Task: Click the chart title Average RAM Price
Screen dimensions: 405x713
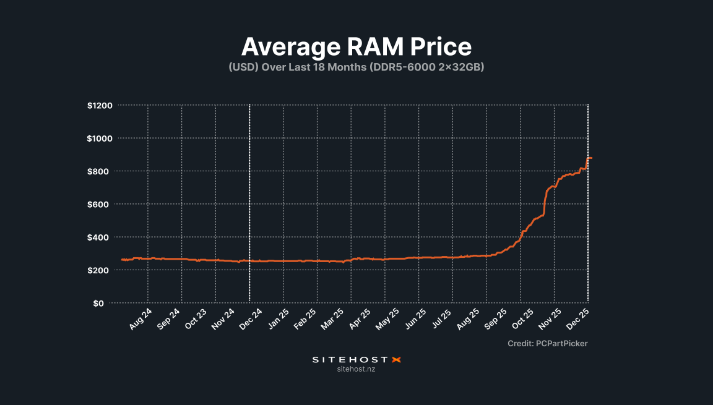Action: point(356,47)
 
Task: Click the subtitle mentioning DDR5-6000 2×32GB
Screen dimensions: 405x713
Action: point(356,67)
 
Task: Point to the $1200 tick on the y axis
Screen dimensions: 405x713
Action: point(100,106)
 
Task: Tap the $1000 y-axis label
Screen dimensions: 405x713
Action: point(100,139)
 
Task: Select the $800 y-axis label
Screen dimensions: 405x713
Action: point(101,171)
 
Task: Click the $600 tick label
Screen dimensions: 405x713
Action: point(101,205)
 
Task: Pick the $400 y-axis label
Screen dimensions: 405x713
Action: point(101,237)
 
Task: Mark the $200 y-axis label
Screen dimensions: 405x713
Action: point(101,270)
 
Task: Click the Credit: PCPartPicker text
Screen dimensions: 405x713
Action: point(547,343)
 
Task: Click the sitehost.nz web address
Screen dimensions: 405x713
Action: point(356,369)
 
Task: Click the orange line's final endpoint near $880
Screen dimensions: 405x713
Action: point(591,158)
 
